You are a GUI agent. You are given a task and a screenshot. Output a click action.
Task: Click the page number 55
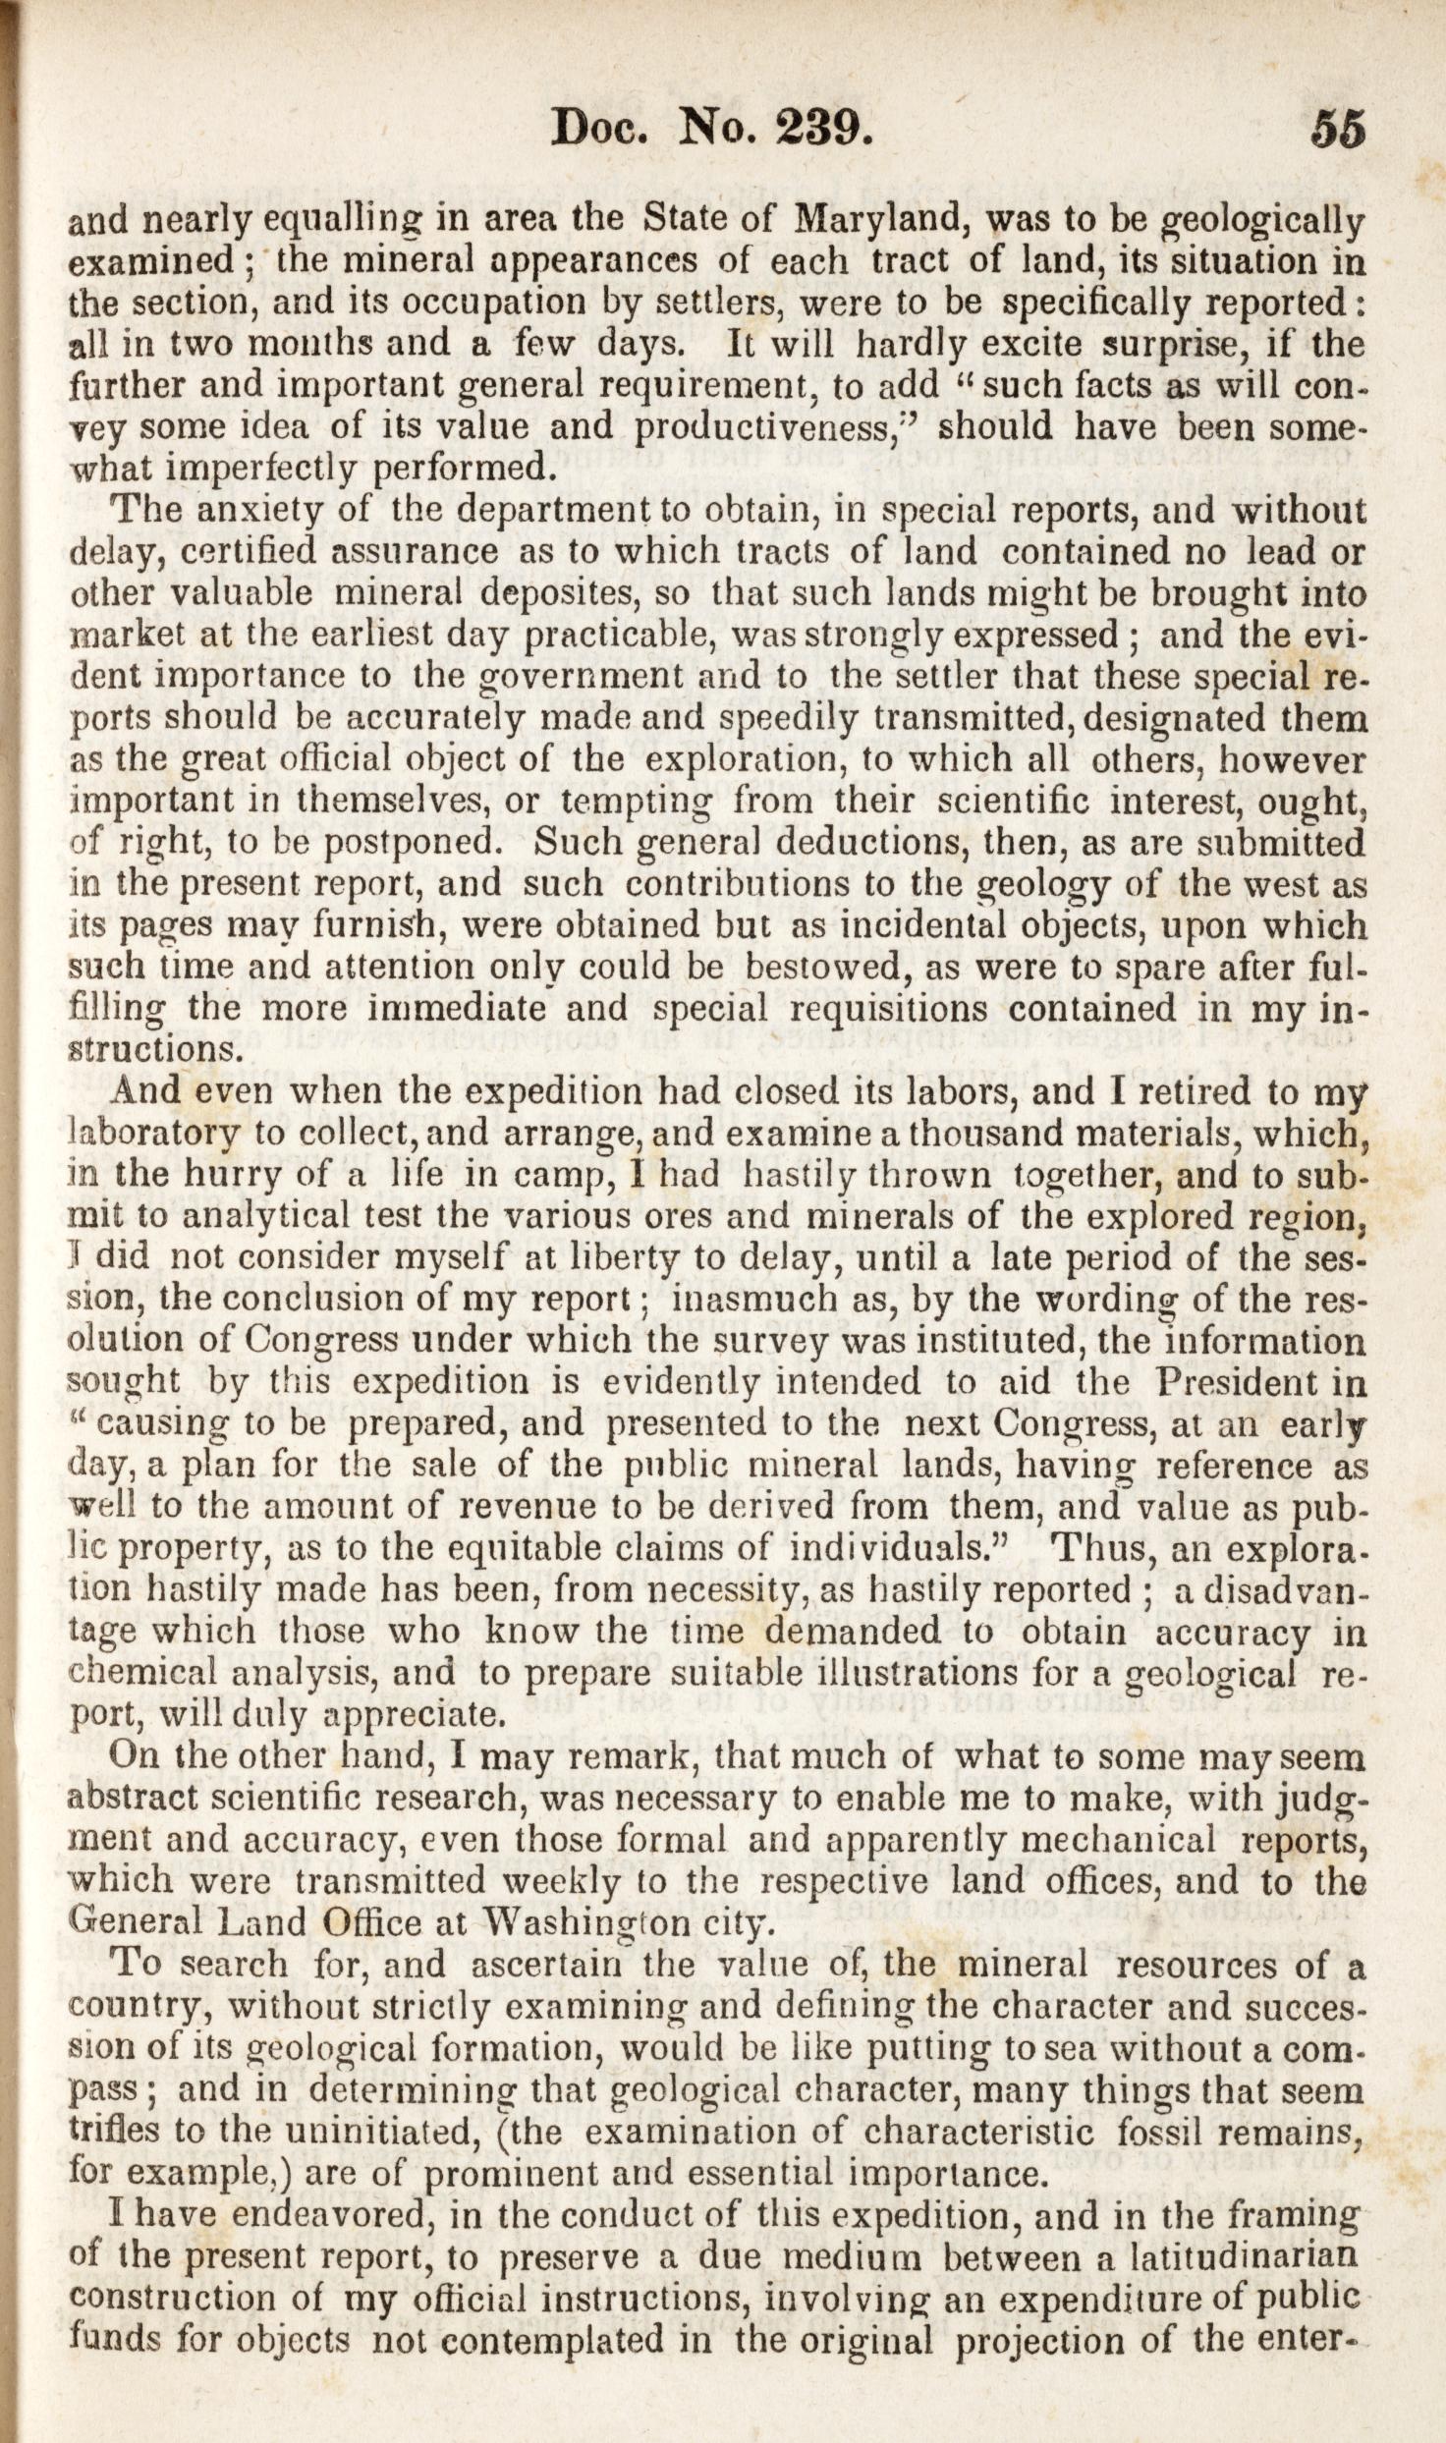pyautogui.click(x=1336, y=129)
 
